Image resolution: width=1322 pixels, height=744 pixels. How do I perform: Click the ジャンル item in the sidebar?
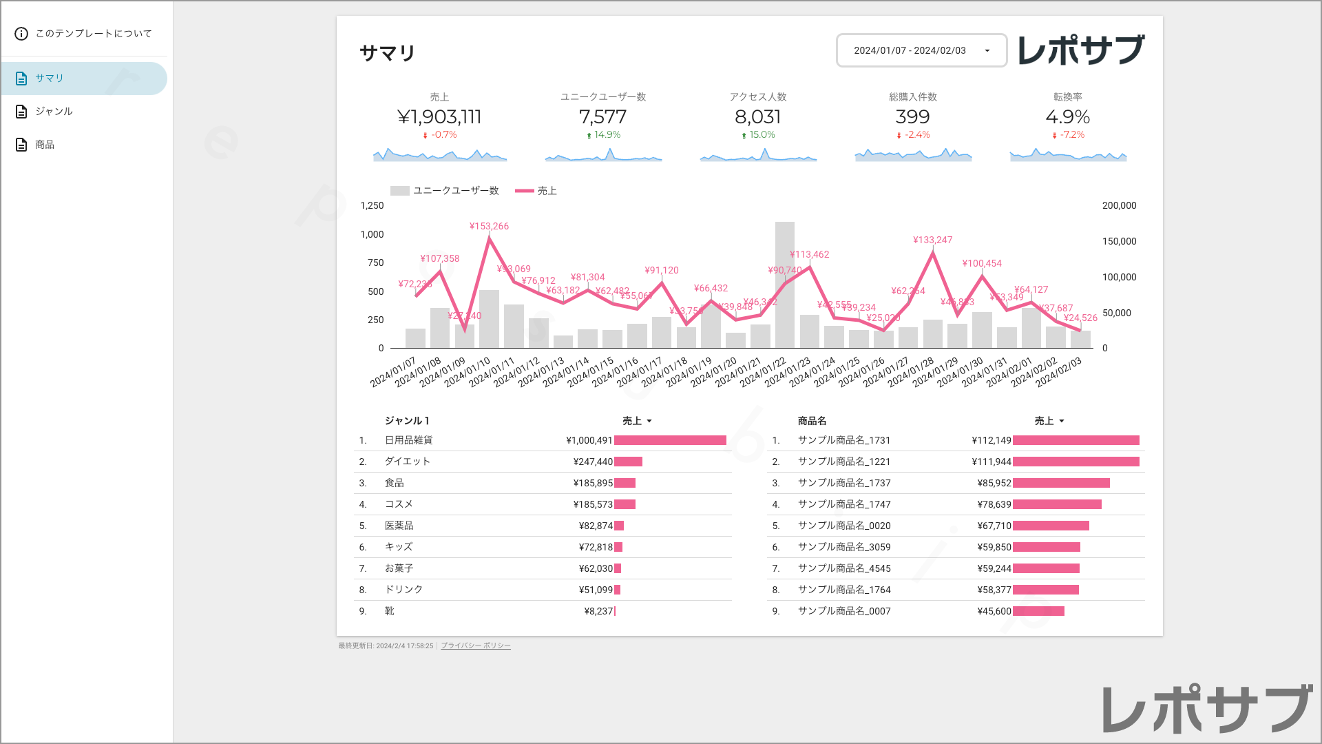54,112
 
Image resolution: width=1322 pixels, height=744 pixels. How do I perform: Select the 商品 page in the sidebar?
45,145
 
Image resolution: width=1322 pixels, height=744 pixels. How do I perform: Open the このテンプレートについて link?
93,34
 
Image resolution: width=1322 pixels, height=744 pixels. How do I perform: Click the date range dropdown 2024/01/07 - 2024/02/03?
921,50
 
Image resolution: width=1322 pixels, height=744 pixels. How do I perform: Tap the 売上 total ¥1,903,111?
439,117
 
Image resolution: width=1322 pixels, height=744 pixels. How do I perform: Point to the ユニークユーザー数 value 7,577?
602,117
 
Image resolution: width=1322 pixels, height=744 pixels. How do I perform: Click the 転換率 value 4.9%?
1067,117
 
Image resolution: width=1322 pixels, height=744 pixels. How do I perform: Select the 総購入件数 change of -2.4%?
916,135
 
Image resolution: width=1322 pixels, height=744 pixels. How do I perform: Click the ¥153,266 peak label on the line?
489,227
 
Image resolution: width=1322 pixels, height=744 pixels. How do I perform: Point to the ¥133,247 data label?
932,240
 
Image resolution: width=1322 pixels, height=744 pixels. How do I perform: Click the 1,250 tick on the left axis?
372,206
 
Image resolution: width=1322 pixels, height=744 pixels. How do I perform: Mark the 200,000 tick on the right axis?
1119,206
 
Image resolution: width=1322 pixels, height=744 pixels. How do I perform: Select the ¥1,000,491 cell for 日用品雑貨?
589,441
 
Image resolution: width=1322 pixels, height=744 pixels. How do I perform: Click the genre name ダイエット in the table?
407,462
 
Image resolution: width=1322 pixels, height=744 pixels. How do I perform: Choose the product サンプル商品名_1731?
843,441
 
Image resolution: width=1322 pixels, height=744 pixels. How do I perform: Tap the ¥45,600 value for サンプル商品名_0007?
994,612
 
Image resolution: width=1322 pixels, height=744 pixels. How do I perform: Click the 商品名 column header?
812,421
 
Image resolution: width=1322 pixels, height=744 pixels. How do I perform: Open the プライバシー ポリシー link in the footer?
475,646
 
